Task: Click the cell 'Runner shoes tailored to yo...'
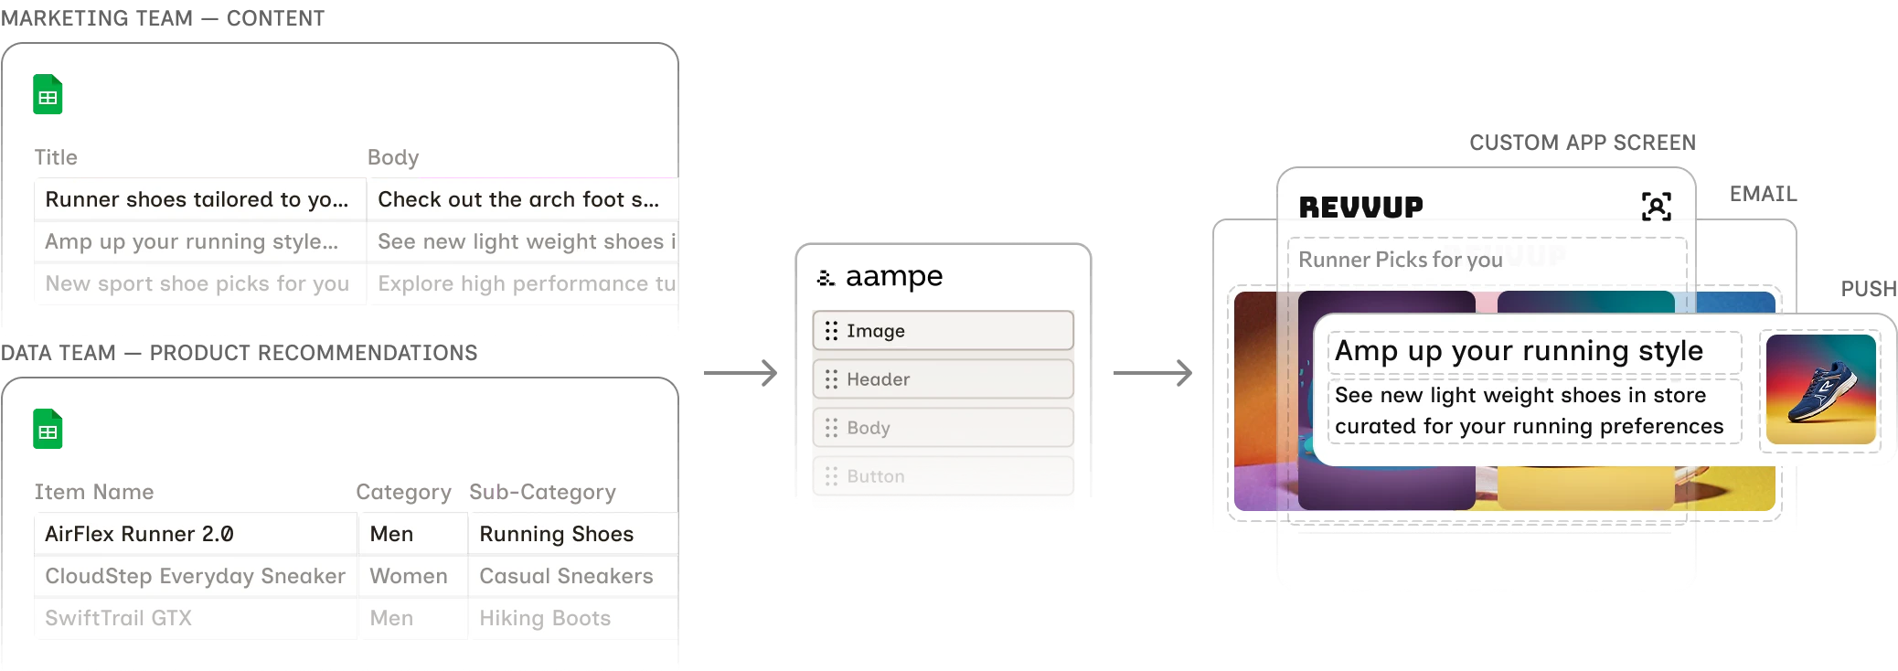pyautogui.click(x=197, y=199)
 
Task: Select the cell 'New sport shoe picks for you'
pyautogui.click(x=197, y=283)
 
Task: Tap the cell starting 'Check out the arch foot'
pyautogui.click(x=518, y=199)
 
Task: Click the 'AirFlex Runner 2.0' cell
pyautogui.click(x=139, y=534)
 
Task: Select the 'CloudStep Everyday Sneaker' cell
pyautogui.click(x=195, y=576)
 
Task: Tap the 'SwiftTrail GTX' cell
pyautogui.click(x=119, y=618)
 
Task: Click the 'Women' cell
pyautogui.click(x=409, y=576)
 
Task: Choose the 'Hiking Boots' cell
pyautogui.click(x=545, y=618)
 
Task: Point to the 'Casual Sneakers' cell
pyautogui.click(x=566, y=576)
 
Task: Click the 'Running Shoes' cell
pyautogui.click(x=556, y=534)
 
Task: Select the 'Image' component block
pyautogui.click(x=943, y=331)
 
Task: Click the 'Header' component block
pyautogui.click(x=943, y=379)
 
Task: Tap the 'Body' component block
pyautogui.click(x=943, y=428)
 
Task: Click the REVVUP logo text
pyautogui.click(x=1360, y=208)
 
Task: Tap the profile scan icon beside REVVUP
pyautogui.click(x=1656, y=207)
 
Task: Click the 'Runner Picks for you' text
pyautogui.click(x=1400, y=260)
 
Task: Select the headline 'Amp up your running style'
pyautogui.click(x=1519, y=351)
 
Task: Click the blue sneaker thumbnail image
pyautogui.click(x=1820, y=389)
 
